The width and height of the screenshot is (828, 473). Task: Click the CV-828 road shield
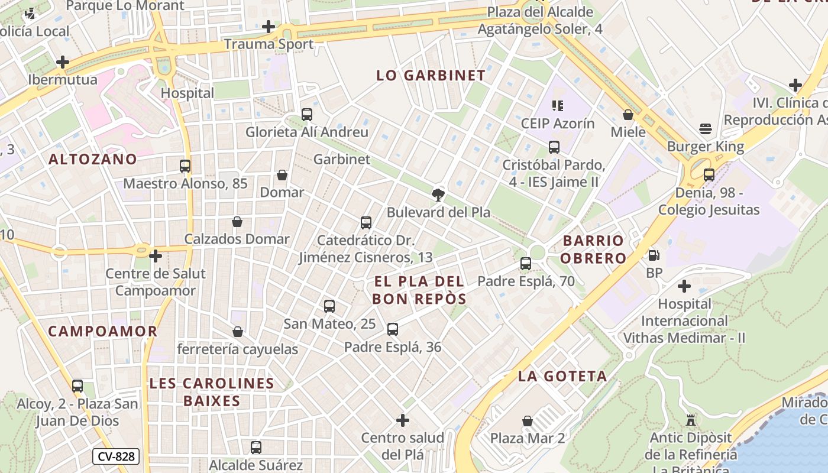click(x=115, y=456)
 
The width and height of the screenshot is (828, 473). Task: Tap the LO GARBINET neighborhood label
click(x=431, y=76)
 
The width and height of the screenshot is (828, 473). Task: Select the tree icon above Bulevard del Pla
click(x=438, y=195)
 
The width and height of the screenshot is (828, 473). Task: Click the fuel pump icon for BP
click(x=654, y=255)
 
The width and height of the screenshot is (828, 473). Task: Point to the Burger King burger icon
click(x=705, y=129)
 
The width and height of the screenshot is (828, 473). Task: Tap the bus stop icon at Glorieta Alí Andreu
click(x=306, y=115)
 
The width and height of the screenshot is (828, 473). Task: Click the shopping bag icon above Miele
click(x=628, y=115)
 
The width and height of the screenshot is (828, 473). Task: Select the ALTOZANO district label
click(x=93, y=159)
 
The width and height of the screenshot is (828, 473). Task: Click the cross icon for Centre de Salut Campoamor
click(x=156, y=256)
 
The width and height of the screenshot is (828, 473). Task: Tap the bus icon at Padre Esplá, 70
click(x=526, y=264)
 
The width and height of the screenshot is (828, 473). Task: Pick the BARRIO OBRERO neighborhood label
click(x=593, y=249)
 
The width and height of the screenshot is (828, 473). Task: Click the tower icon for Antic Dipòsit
click(x=690, y=421)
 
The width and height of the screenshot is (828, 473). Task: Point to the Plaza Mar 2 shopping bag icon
click(x=528, y=421)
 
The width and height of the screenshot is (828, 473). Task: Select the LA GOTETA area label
click(x=562, y=376)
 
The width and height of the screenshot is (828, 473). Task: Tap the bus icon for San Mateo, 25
click(x=329, y=306)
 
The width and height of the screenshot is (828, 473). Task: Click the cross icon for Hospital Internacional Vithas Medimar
click(x=684, y=287)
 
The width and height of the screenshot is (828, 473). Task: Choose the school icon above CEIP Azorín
click(x=557, y=106)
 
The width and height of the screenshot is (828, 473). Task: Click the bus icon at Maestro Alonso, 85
click(x=185, y=166)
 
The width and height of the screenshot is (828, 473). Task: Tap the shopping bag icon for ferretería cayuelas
click(x=238, y=332)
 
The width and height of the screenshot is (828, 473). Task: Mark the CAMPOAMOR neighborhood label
click(x=103, y=331)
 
